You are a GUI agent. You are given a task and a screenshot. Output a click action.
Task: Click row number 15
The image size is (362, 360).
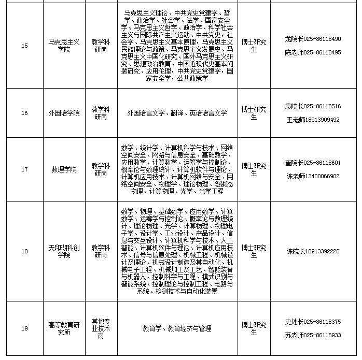(x=24, y=46)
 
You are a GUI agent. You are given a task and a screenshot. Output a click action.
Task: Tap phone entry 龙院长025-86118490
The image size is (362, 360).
(x=313, y=39)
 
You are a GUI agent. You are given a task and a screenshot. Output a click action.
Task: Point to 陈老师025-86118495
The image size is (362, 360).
(x=313, y=53)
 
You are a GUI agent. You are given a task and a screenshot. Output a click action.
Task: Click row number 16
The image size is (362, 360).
(x=24, y=113)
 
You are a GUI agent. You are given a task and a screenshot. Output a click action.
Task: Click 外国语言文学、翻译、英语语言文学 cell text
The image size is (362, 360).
(x=177, y=113)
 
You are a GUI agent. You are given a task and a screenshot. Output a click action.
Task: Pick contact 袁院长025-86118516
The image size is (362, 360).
(x=313, y=106)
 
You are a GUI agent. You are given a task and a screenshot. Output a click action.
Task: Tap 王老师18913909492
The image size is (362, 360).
(x=313, y=120)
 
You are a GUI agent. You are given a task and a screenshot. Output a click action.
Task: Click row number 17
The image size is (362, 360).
(x=24, y=169)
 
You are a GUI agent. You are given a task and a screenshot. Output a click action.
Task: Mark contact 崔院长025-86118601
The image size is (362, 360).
(x=313, y=163)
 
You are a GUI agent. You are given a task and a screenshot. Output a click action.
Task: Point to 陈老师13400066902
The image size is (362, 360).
(x=313, y=176)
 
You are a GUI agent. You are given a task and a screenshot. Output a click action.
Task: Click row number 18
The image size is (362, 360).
(x=24, y=251)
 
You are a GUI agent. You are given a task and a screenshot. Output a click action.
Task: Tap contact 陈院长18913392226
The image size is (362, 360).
(x=313, y=251)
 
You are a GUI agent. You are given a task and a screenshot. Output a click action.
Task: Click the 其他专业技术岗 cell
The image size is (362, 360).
(x=101, y=328)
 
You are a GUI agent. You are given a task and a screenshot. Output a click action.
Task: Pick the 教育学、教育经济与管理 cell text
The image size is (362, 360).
(x=177, y=328)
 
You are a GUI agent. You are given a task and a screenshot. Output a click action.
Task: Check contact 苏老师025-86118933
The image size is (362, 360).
(x=313, y=335)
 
